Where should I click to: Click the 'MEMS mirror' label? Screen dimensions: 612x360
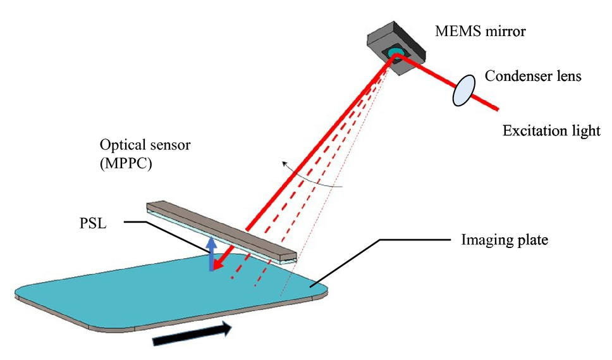click(x=480, y=31)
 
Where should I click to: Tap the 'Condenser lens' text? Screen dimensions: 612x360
click(x=533, y=76)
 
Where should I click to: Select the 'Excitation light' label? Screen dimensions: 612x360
click(x=551, y=130)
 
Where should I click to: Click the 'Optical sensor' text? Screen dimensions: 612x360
click(x=145, y=145)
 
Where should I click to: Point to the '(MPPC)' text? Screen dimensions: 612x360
click(x=126, y=163)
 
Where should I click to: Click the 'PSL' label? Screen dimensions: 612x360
click(x=93, y=223)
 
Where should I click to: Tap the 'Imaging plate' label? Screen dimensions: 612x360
click(x=505, y=239)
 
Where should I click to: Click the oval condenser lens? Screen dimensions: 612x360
click(x=463, y=90)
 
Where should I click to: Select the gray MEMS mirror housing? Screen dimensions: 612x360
click(x=396, y=47)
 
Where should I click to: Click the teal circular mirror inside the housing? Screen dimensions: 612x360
click(x=395, y=52)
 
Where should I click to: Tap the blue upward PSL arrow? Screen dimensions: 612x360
click(x=211, y=254)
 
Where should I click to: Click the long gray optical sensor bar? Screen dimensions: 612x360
click(x=221, y=233)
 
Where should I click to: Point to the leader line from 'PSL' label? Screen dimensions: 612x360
click(x=167, y=237)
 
